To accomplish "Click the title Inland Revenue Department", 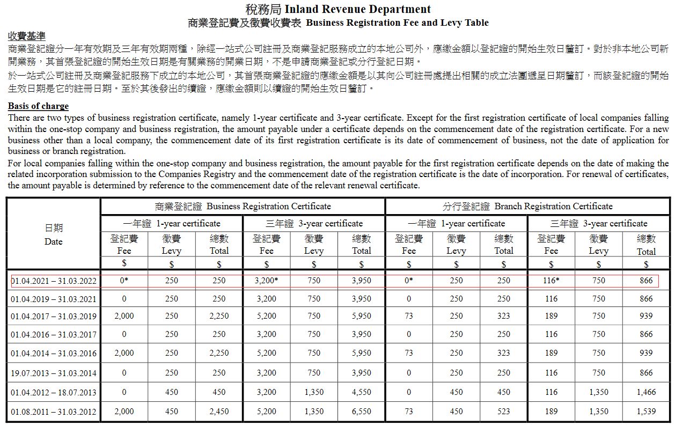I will coord(357,9).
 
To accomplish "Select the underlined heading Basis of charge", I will coord(38,106).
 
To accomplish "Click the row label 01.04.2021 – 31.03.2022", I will coord(54,281).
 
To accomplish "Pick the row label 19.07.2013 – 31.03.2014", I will coord(54,373).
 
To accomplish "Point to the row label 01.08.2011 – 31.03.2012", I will coord(54,412).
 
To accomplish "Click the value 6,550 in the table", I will coord(361,412).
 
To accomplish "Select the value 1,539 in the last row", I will coord(646,412).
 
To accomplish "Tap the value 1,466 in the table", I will coord(646,392).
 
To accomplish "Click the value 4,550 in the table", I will coord(361,392).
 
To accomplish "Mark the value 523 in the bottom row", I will coord(503,412).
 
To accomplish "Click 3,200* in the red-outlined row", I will coord(267,280).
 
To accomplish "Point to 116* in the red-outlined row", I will coord(551,280).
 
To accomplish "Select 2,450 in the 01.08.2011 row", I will coord(219,412).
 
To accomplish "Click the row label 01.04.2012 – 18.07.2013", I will coord(54,392).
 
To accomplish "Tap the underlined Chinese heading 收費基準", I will coord(26,36).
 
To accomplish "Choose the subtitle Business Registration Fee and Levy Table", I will coord(397,23).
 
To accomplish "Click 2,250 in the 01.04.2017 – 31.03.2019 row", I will coord(219,316).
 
